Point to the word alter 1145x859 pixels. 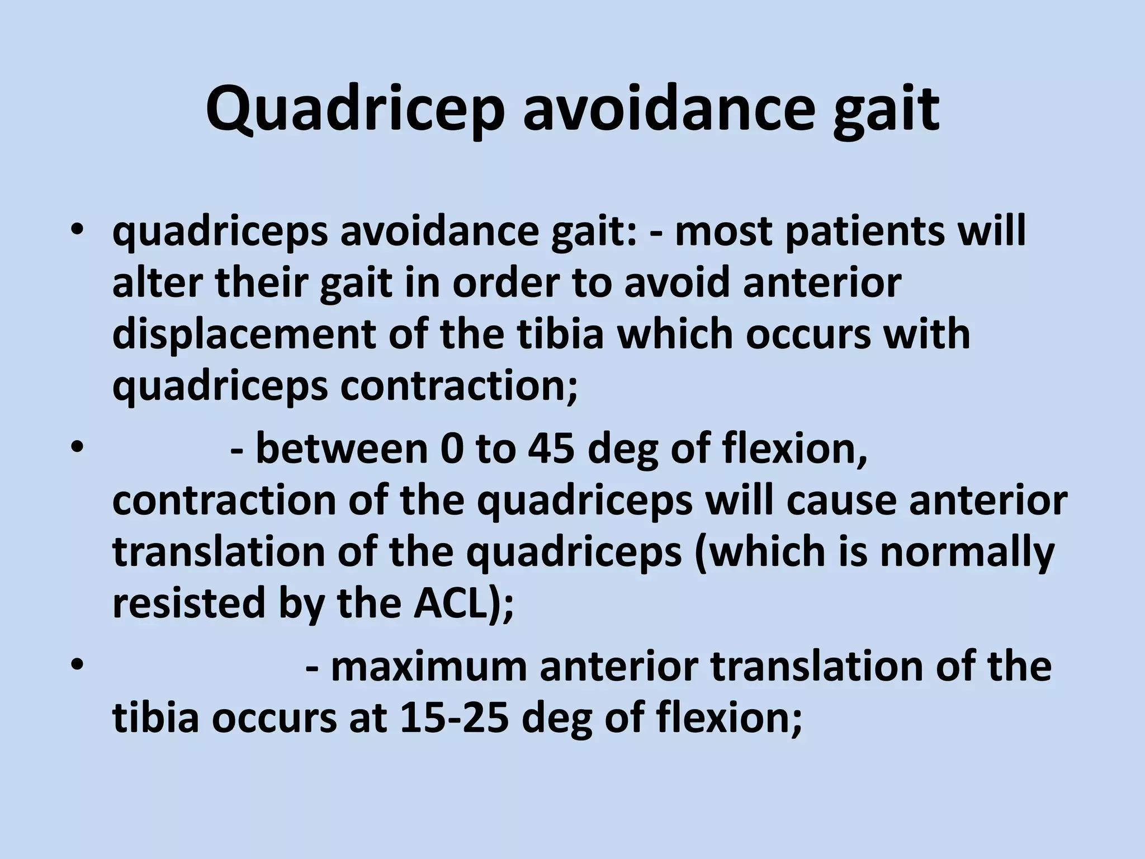pyautogui.click(x=157, y=282)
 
